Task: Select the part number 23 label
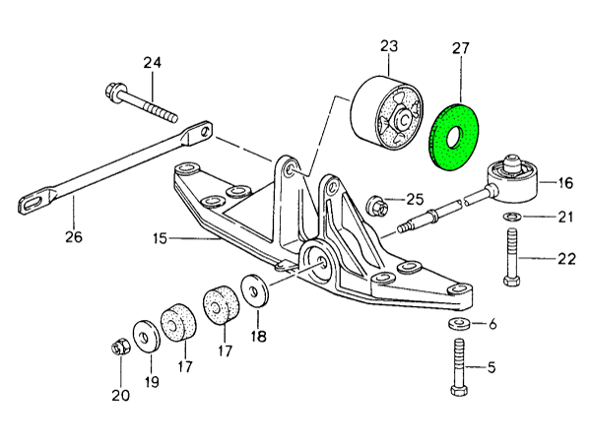(388, 45)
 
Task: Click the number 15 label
(161, 238)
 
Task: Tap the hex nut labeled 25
(375, 206)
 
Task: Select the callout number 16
(564, 182)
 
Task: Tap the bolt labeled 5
(461, 368)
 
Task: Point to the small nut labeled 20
(119, 348)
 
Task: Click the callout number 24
(151, 64)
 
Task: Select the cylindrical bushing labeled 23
(383, 113)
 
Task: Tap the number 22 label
(564, 259)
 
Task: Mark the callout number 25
(414, 199)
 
